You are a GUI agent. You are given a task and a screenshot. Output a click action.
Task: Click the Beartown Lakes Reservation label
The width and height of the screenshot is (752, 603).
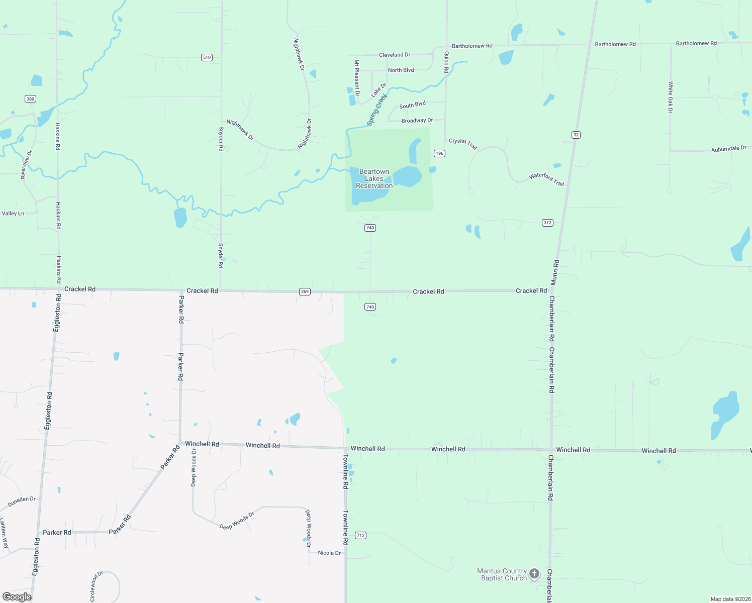click(374, 178)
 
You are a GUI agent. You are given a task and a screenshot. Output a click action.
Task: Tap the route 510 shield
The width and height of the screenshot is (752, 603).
click(207, 57)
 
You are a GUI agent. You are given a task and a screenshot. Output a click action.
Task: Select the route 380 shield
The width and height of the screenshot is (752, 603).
click(31, 98)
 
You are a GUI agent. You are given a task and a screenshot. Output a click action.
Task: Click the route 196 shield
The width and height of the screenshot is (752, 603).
click(439, 153)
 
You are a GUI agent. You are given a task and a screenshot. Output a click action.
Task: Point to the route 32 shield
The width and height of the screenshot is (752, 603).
click(576, 135)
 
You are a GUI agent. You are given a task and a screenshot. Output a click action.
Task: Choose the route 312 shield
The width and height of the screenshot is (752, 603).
click(547, 223)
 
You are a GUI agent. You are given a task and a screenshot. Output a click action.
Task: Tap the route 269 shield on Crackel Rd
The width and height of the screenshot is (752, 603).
click(305, 291)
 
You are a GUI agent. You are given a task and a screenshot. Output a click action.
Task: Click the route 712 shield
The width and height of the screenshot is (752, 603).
click(360, 535)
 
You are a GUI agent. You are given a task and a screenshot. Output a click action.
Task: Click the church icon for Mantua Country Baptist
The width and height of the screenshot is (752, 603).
click(535, 573)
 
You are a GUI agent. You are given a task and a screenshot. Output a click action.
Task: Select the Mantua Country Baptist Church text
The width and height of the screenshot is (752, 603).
click(502, 574)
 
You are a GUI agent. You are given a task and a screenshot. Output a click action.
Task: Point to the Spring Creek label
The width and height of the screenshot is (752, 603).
click(377, 110)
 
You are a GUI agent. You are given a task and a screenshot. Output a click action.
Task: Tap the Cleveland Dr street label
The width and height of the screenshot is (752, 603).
click(395, 55)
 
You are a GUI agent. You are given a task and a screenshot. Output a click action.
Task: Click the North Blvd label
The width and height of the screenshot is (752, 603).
click(401, 70)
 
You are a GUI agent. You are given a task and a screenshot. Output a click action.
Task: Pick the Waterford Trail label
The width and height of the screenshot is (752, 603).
click(546, 179)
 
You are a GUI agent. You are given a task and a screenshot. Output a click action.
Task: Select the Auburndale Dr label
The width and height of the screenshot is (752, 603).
click(728, 149)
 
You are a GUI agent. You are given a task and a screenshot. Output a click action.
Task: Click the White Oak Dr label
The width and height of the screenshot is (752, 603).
click(670, 97)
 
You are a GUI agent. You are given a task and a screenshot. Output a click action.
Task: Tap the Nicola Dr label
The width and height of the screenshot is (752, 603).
click(329, 553)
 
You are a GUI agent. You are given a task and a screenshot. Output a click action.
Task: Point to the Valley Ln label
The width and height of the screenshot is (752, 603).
click(13, 214)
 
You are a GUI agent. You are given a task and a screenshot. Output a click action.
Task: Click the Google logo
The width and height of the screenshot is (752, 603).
click(17, 597)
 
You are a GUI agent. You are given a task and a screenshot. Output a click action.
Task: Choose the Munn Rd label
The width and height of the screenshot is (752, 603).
click(554, 273)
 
